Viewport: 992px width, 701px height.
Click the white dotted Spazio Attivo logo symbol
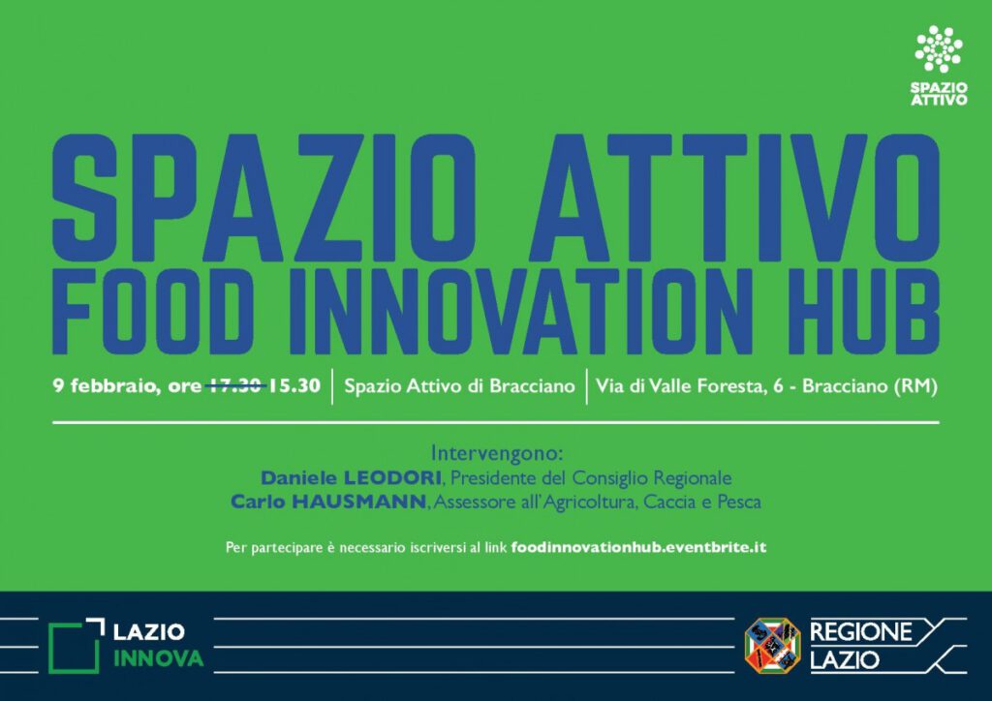[x=939, y=48]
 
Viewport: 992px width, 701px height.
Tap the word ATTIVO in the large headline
[x=734, y=198]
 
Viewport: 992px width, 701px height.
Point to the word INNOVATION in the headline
[x=521, y=312]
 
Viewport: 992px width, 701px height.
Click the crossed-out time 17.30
[x=235, y=385]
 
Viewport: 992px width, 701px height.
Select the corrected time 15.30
[x=294, y=385]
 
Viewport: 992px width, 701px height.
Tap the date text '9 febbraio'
[x=105, y=385]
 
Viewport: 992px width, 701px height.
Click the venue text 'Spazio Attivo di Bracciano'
[x=459, y=385]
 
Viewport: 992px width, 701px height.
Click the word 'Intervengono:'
[x=497, y=453]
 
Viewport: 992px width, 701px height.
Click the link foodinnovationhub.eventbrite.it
[x=638, y=547]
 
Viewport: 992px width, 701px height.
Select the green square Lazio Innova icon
[x=76, y=646]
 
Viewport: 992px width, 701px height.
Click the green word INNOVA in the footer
[x=158, y=658]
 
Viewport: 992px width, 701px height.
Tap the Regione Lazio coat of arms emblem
[x=772, y=646]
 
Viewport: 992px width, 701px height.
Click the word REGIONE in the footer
[x=861, y=631]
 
